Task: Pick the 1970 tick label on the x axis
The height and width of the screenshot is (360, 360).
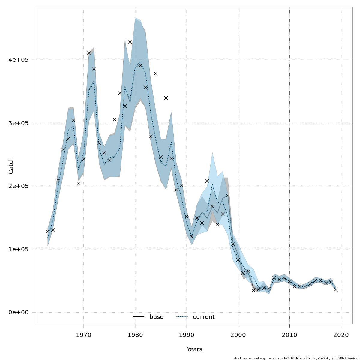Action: tap(84, 334)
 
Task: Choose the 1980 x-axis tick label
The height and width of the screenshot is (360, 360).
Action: tap(135, 334)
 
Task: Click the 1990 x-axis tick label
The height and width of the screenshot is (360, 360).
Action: tap(187, 334)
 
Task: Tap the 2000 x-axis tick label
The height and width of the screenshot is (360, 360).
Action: tap(238, 334)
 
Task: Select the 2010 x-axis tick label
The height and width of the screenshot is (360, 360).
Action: tap(290, 334)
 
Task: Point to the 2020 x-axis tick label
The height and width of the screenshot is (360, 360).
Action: tap(341, 334)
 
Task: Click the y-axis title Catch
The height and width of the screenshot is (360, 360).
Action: tap(11, 165)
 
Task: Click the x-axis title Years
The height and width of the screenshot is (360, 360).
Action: tap(194, 349)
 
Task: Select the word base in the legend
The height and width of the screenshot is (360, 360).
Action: tap(156, 317)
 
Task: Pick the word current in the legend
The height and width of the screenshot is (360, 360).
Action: tap(204, 317)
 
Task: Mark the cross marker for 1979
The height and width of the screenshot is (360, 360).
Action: tap(130, 42)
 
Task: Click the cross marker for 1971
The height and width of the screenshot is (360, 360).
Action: tap(89, 53)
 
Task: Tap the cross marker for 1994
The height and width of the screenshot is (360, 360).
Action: tap(207, 181)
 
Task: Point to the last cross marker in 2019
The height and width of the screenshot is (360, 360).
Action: tap(336, 289)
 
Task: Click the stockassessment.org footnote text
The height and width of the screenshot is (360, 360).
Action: tap(296, 358)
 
